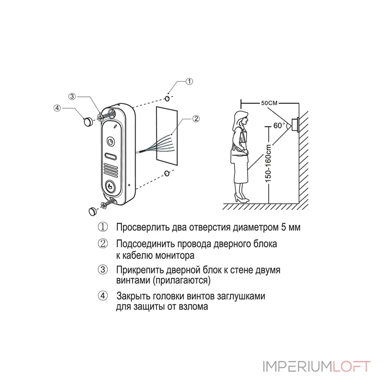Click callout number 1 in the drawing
(x=190, y=81)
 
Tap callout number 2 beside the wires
(x=196, y=118)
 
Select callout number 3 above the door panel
(x=72, y=97)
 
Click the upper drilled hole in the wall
(x=168, y=99)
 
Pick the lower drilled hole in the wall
(x=167, y=173)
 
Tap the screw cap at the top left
(x=88, y=121)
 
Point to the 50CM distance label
(x=269, y=103)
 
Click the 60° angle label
(x=279, y=125)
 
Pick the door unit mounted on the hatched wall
(x=294, y=125)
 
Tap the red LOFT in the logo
(x=351, y=366)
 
